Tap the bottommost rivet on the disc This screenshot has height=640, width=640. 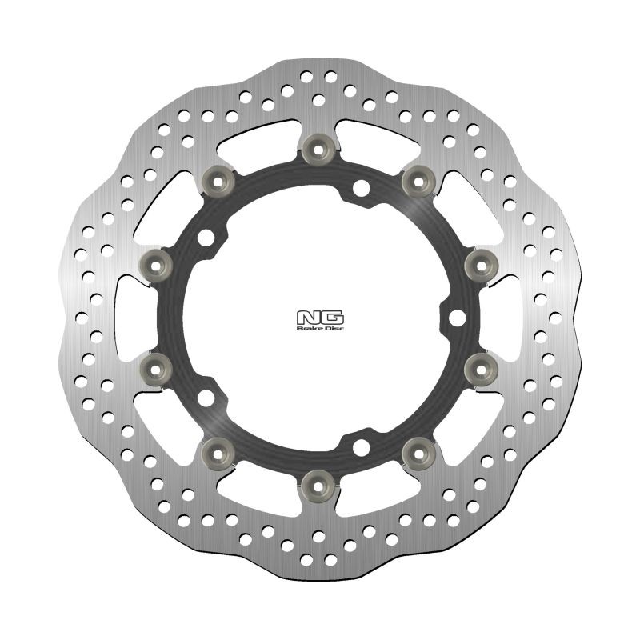click(320, 482)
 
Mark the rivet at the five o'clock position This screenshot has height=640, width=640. click(418, 450)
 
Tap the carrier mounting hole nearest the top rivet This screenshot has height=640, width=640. click(362, 188)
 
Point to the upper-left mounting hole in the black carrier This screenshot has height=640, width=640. click(209, 237)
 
